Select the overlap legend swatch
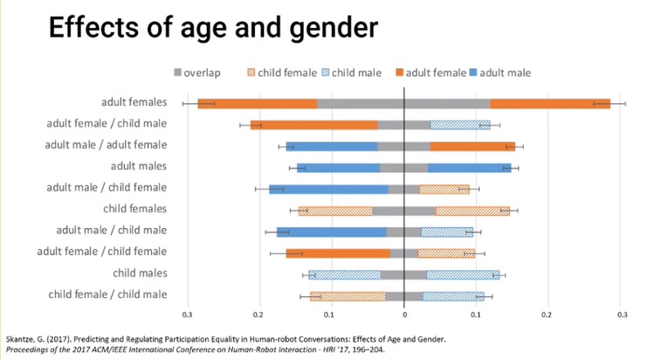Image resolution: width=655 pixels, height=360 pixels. point(178,73)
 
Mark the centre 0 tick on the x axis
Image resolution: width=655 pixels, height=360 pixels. point(404,315)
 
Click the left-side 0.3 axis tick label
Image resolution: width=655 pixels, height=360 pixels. point(187,315)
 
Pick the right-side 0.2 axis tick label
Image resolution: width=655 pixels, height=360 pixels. point(547,315)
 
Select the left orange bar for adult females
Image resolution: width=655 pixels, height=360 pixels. point(257,103)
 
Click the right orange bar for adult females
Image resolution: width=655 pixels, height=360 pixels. point(549,103)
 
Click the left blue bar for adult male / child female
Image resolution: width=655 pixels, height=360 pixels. point(328,189)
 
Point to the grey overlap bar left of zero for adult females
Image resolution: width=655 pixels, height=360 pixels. point(360,103)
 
